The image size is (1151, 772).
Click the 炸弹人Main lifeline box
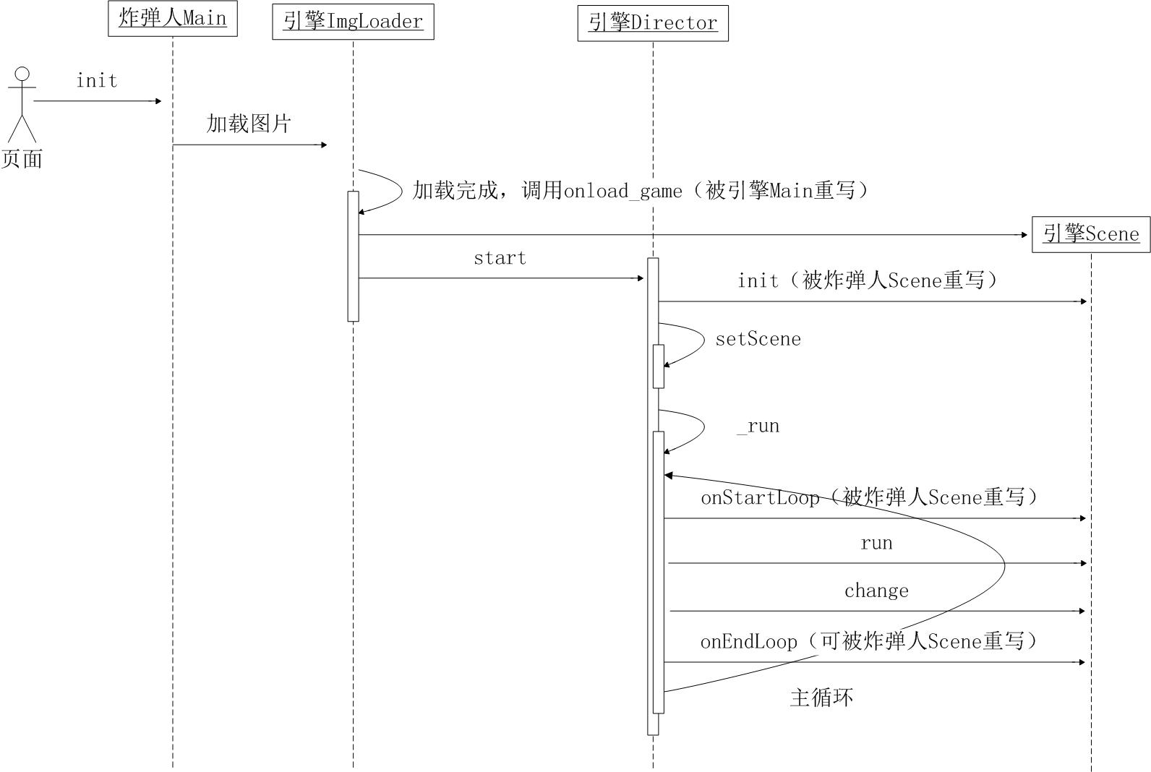[173, 19]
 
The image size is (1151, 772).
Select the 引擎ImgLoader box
[353, 22]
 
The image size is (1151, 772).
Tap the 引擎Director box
[653, 23]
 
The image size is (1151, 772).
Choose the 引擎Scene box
[1091, 234]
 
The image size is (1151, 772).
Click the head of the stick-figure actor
[22, 74]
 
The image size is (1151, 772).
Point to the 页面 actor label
[22, 159]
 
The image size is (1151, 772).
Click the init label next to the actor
[97, 81]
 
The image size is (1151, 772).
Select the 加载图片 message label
[249, 124]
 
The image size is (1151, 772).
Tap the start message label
[500, 258]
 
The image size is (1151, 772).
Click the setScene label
[758, 339]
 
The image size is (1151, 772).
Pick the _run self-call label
[758, 426]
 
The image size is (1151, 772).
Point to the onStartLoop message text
[760, 498]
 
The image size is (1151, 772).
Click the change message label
[876, 591]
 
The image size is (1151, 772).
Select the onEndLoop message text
[749, 642]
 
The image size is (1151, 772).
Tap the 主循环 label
[821, 698]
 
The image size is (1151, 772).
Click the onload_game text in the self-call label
[622, 192]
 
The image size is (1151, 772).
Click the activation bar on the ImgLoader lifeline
[353, 257]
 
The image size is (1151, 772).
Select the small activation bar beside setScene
[658, 366]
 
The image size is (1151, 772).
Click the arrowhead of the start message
[641, 278]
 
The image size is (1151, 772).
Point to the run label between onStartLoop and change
[876, 544]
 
